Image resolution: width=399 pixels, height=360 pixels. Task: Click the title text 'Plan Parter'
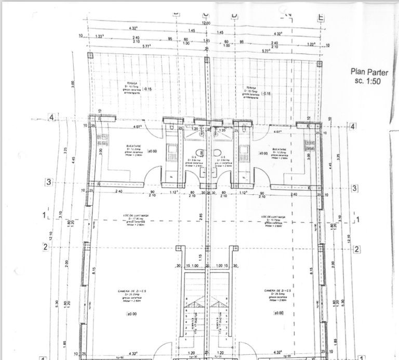click(370, 72)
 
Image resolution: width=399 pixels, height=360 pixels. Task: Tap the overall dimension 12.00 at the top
click(206, 23)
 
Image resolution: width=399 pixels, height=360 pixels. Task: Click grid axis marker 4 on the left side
click(51, 117)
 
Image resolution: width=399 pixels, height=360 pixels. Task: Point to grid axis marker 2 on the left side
click(46, 247)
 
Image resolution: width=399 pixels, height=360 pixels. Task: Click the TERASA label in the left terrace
click(123, 83)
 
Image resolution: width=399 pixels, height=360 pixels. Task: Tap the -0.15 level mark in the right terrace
click(267, 94)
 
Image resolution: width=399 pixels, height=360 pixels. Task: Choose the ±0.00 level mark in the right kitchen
click(263, 153)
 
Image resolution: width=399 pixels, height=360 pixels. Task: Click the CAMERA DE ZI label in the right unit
click(276, 290)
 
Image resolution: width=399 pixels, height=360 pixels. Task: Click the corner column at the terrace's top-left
click(90, 56)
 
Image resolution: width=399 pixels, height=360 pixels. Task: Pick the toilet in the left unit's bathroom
click(171, 128)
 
